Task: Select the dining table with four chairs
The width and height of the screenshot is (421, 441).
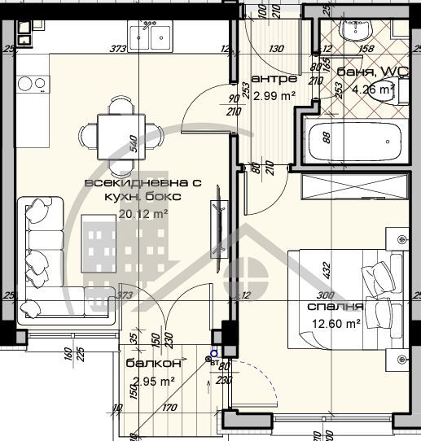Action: coord(116,133)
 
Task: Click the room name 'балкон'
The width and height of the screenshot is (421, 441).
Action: coord(147,365)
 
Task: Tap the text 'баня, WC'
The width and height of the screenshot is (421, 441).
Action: coord(365,72)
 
